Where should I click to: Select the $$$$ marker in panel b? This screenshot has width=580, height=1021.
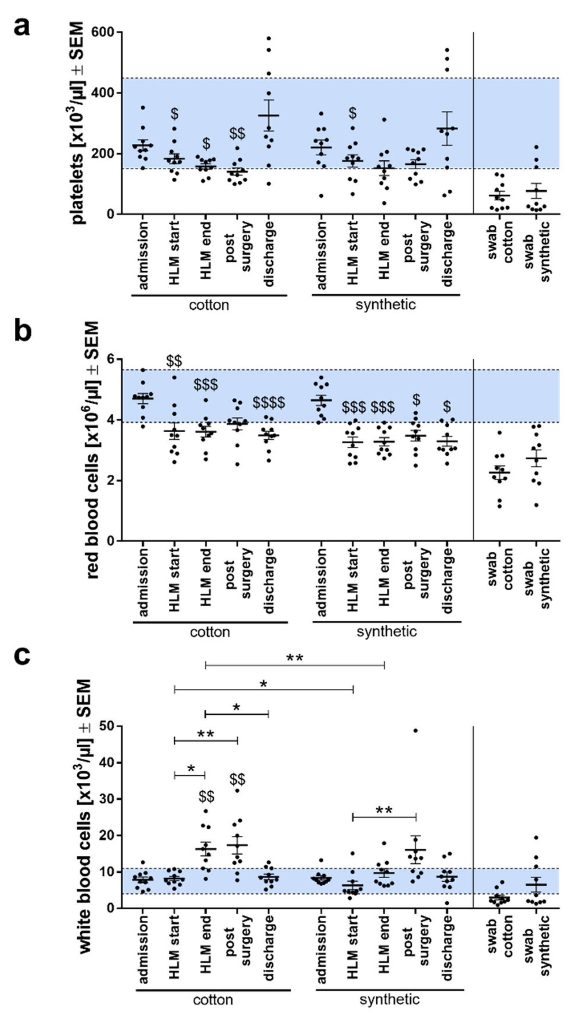pyautogui.click(x=269, y=403)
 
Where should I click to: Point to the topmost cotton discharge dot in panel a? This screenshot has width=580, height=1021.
pyautogui.click(x=269, y=38)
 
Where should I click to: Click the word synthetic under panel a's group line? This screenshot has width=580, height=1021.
pyautogui.click(x=385, y=305)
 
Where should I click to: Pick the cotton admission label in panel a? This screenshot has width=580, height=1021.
pyautogui.click(x=143, y=255)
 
